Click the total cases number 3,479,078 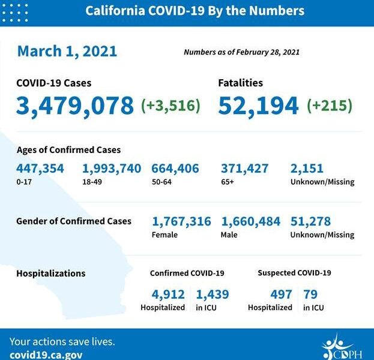coord(75,106)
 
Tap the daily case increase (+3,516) coord(170,106)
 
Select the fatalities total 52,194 coord(258,106)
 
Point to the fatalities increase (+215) coord(330,106)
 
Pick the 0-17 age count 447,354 coord(40,169)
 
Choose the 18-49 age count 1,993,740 coord(112,169)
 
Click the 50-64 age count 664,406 coord(175,169)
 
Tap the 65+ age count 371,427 coord(245,169)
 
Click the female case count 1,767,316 coord(181,221)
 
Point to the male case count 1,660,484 coord(251,221)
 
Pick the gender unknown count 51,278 coord(310,221)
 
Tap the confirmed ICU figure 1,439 coord(212,294)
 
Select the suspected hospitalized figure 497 coord(280,294)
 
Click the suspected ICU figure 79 coord(310,294)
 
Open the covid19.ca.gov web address coord(46,354)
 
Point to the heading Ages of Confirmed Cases coord(68,150)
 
